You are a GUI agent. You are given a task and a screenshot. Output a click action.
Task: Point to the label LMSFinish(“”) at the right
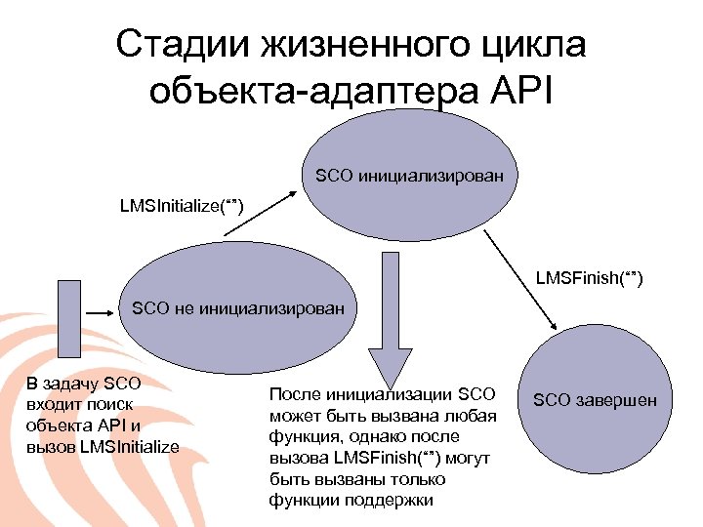[589, 281]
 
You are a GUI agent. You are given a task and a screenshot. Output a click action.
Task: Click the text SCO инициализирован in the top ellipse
[409, 177]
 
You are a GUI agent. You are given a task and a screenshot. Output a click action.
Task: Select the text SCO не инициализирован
[238, 309]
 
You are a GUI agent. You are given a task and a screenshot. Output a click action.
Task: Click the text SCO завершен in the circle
[595, 400]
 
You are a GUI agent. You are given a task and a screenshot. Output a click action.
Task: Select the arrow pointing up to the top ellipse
[256, 216]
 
